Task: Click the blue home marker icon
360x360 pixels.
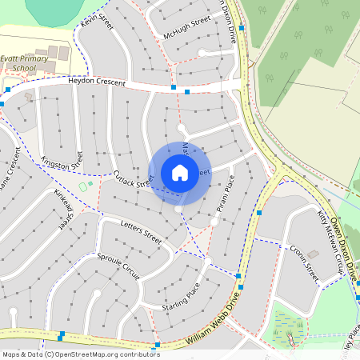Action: [x=179, y=173]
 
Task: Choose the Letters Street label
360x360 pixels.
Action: [x=141, y=232]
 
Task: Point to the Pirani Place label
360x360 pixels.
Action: [x=225, y=194]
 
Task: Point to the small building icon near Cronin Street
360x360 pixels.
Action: [x=313, y=254]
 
